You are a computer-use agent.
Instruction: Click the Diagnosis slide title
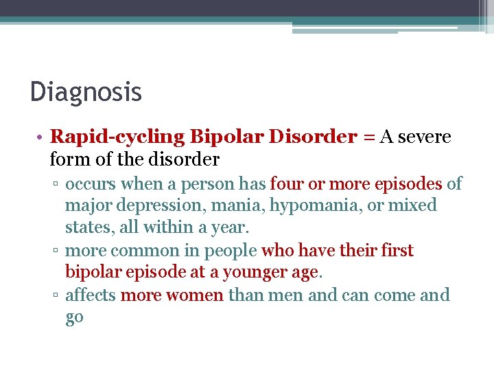86,91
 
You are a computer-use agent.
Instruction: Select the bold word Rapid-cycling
117,137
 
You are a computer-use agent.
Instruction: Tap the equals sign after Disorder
368,137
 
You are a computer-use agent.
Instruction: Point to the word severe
425,137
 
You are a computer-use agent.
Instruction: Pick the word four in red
285,184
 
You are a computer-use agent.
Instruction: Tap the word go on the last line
74,318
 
